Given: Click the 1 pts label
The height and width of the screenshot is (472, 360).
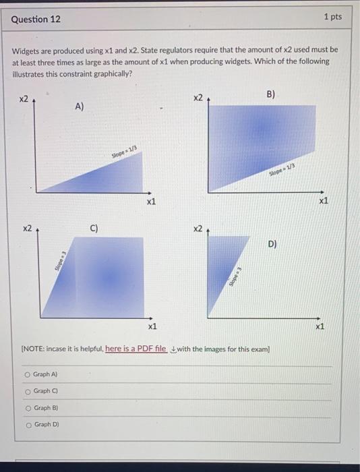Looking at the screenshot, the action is click(332, 16).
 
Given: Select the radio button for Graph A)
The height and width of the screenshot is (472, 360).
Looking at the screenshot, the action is click(27, 374).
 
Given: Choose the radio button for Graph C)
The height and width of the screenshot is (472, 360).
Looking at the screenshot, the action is click(27, 391).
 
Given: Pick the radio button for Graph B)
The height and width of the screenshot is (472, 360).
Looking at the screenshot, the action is click(27, 408).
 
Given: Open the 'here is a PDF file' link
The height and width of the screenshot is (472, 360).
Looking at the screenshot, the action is click(136, 349).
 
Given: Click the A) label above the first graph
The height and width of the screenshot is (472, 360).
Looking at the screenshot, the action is click(80, 106).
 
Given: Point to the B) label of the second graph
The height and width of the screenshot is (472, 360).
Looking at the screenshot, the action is click(270, 95).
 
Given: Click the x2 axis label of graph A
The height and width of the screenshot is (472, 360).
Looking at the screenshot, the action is click(24, 100).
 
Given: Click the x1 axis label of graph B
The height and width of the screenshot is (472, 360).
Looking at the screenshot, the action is click(324, 200).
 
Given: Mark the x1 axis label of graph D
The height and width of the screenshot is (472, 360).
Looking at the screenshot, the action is click(320, 326).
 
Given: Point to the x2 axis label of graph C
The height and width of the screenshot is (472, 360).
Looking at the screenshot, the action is click(27, 229).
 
